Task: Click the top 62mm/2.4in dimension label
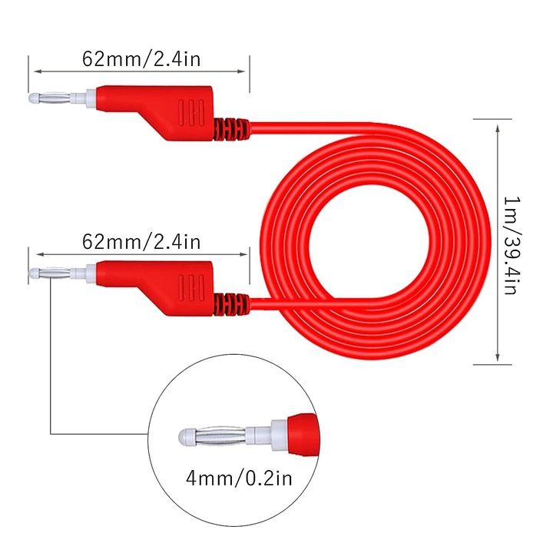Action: pos(141,59)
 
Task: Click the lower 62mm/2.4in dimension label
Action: pos(141,242)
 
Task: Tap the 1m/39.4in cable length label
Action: pos(512,246)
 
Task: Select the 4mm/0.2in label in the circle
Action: pos(239,478)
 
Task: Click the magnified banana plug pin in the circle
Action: pos(214,437)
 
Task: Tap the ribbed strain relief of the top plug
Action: pos(231,129)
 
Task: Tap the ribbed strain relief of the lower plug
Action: pos(231,304)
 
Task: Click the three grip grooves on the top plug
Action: pos(191,112)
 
